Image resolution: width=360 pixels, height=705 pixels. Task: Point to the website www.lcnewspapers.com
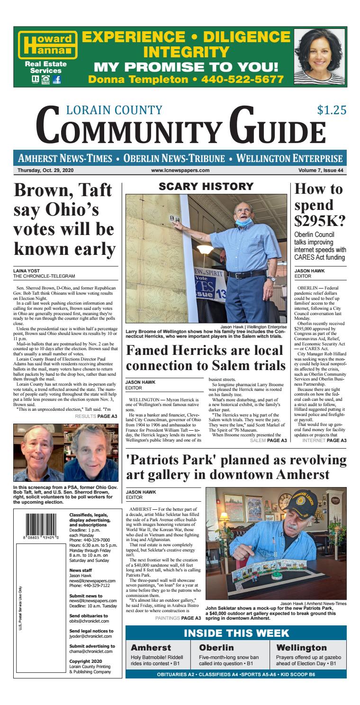(x=180, y=171)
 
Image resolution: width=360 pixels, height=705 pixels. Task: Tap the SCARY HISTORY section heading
(x=206, y=187)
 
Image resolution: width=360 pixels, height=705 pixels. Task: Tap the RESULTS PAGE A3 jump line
(x=96, y=403)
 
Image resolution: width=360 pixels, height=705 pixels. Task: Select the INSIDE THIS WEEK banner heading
(x=235, y=633)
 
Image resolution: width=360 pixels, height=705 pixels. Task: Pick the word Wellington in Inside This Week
(x=301, y=648)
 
